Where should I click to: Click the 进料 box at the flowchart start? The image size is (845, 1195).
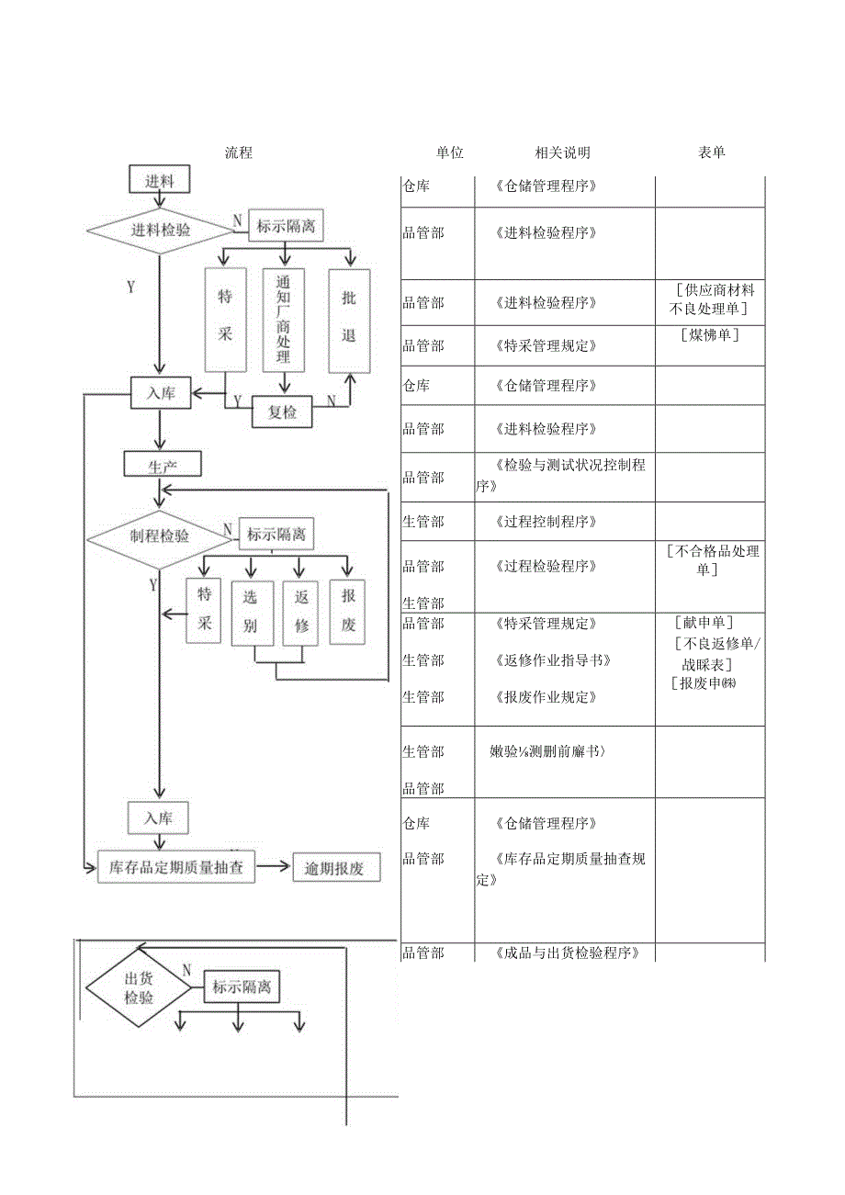(160, 180)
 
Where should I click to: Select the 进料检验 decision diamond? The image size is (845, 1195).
(160, 231)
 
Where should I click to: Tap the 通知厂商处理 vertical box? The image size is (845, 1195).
(284, 320)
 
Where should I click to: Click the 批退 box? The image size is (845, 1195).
(349, 320)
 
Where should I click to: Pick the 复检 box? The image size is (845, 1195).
(282, 412)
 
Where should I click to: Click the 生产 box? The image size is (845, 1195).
(162, 465)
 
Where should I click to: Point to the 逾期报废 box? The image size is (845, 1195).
(336, 868)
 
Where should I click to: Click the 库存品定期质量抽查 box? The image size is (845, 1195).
(176, 867)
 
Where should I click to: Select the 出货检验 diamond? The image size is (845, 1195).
(139, 988)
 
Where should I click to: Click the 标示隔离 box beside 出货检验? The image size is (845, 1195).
(242, 988)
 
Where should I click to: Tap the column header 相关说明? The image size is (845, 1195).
(562, 153)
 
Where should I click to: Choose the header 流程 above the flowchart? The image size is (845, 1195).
(239, 153)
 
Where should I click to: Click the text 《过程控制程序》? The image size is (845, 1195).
(546, 522)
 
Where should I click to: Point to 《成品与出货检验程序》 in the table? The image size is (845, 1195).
(565, 953)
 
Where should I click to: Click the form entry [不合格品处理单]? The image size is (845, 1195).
(714, 560)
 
